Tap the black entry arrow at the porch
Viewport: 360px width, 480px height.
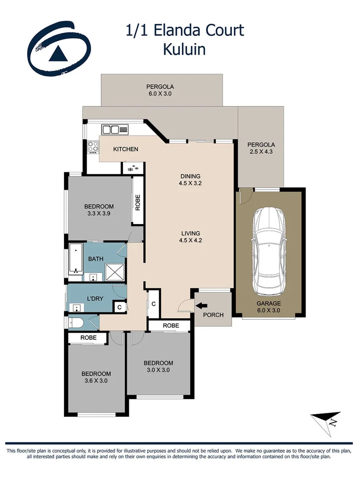tap(201, 305)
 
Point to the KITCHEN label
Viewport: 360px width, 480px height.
tap(126, 149)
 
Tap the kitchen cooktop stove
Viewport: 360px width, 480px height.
tap(93, 147)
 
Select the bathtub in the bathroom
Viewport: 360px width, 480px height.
tap(76, 259)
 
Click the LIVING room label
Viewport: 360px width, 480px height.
tap(190, 233)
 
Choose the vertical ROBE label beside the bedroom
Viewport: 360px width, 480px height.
tap(138, 202)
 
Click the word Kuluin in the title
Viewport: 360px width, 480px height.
tap(184, 49)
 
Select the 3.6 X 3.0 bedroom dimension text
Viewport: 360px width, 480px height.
tap(96, 381)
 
